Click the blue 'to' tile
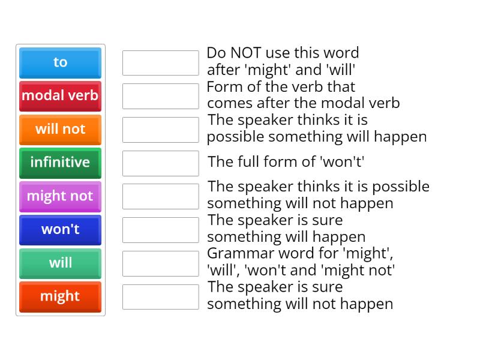pos(60,62)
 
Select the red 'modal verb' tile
pos(60,96)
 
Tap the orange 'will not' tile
pos(60,130)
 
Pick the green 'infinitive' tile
pos(60,163)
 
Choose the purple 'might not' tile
pos(60,196)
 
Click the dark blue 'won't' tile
pos(60,230)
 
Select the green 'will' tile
pos(60,263)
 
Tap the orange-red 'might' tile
pos(60,297)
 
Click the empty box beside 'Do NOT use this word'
pos(160,63)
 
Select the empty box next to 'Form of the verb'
pos(160,96)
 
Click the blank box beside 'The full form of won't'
pos(160,163)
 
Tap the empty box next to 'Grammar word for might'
pos(160,263)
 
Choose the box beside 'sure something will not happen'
pos(160,297)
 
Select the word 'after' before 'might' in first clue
pos(223,70)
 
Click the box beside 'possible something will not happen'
pos(160,196)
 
